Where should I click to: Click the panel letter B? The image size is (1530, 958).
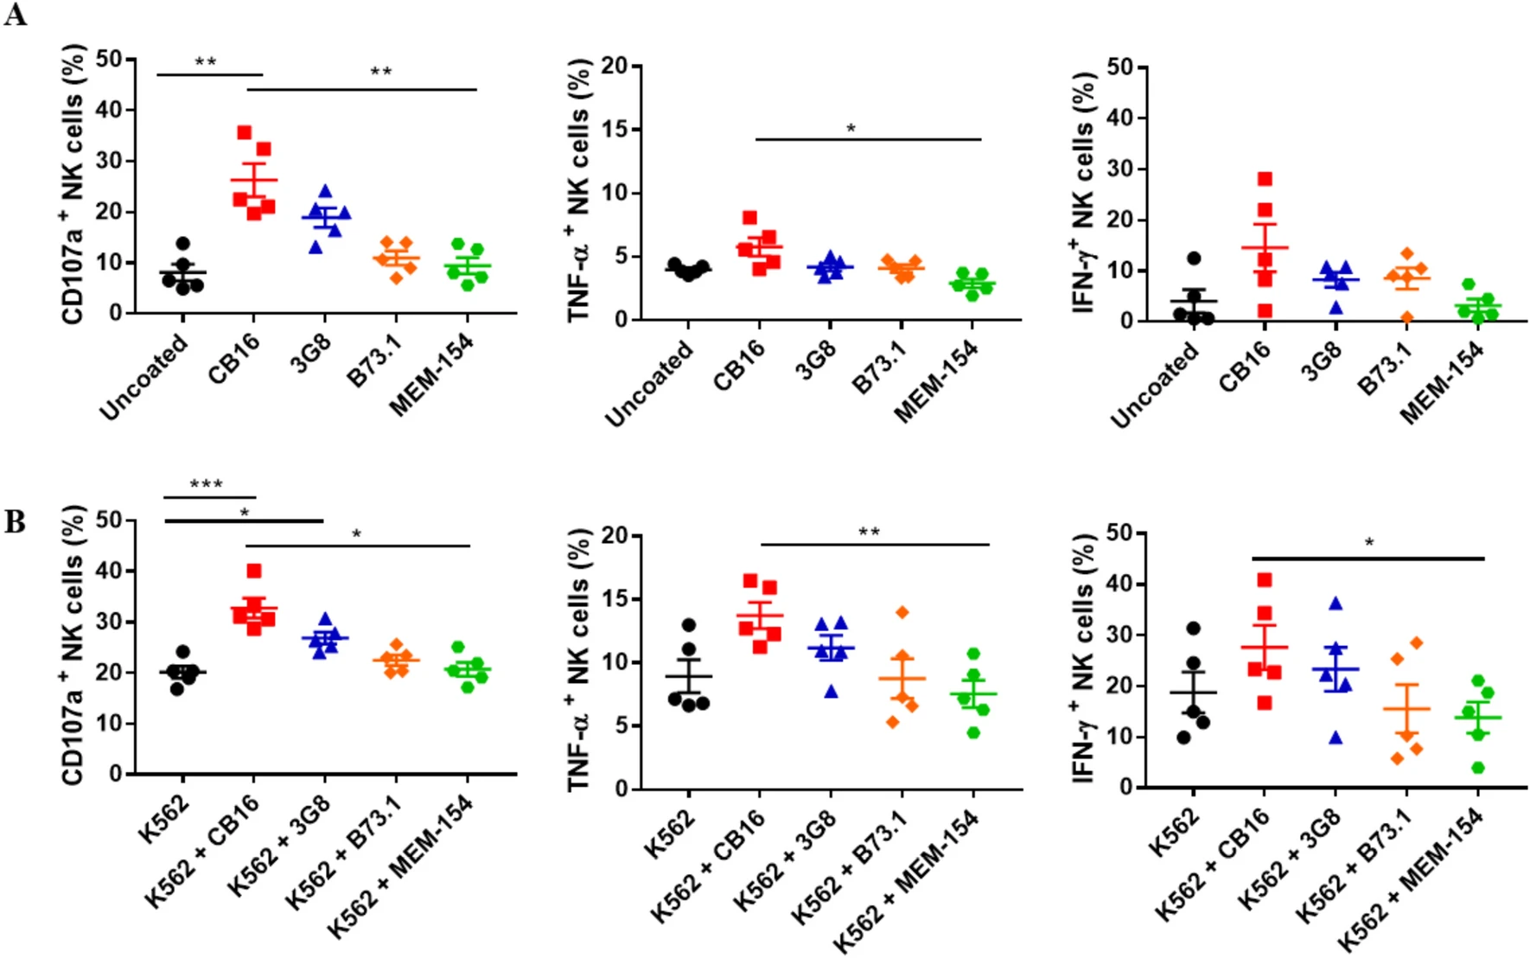tap(15, 521)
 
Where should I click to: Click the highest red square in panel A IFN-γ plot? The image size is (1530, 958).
tap(1265, 179)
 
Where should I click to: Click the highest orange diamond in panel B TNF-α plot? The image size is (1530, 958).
tap(902, 612)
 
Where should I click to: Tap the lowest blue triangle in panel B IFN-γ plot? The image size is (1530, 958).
tap(1336, 738)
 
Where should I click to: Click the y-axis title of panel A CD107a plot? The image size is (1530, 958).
tap(73, 184)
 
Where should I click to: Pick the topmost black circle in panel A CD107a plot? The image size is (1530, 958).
tap(182, 244)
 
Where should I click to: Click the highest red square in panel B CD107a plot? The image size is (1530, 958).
tap(254, 571)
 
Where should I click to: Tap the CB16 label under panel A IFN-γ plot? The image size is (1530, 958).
tap(1246, 366)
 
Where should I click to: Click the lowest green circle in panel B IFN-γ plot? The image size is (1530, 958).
tap(1478, 767)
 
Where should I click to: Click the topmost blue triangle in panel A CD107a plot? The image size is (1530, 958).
tap(325, 190)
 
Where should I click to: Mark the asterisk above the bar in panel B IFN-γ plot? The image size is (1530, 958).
tap(1369, 543)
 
